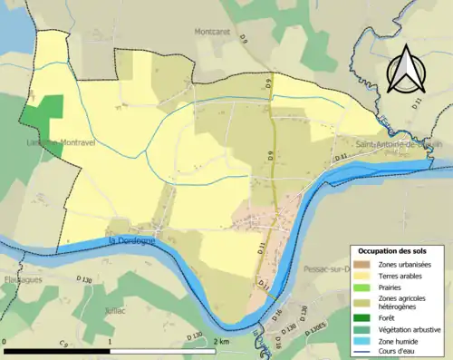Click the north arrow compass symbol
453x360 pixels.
405,66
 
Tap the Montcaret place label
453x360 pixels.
215,31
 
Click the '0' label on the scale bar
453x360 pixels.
6,341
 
